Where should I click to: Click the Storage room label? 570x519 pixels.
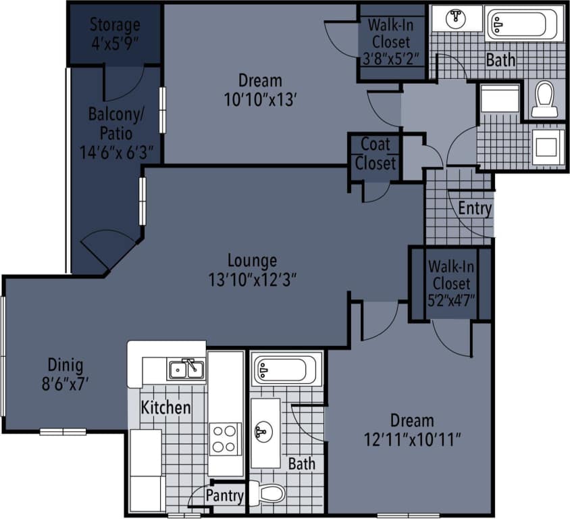tap(115, 25)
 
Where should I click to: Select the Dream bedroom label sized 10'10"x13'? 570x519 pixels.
tap(260, 80)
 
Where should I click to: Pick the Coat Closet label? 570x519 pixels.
tap(375, 153)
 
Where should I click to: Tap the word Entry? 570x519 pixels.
tap(475, 209)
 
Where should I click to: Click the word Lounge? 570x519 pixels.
tap(252, 260)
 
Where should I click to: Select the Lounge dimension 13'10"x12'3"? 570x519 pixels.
tap(252, 278)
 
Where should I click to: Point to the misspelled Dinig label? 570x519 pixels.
tap(65, 366)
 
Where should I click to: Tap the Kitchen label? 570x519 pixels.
tap(165, 407)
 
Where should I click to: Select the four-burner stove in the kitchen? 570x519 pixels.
tap(225, 437)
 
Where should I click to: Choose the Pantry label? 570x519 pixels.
tap(224, 496)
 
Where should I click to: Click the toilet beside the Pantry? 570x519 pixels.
tap(267, 493)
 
